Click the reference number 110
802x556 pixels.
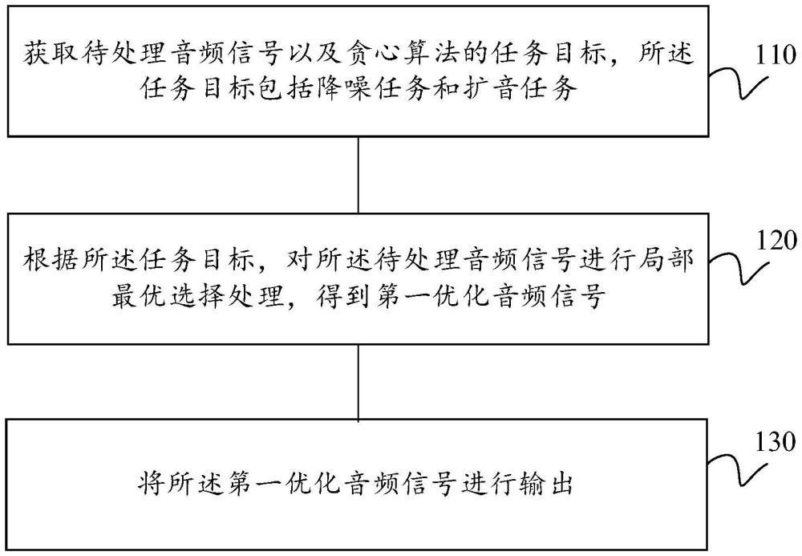point(775,55)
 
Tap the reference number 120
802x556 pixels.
point(776,241)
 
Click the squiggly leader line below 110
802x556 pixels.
point(739,85)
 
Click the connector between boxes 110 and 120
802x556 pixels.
point(358,175)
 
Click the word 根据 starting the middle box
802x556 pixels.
point(51,260)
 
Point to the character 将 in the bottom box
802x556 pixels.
point(152,484)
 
